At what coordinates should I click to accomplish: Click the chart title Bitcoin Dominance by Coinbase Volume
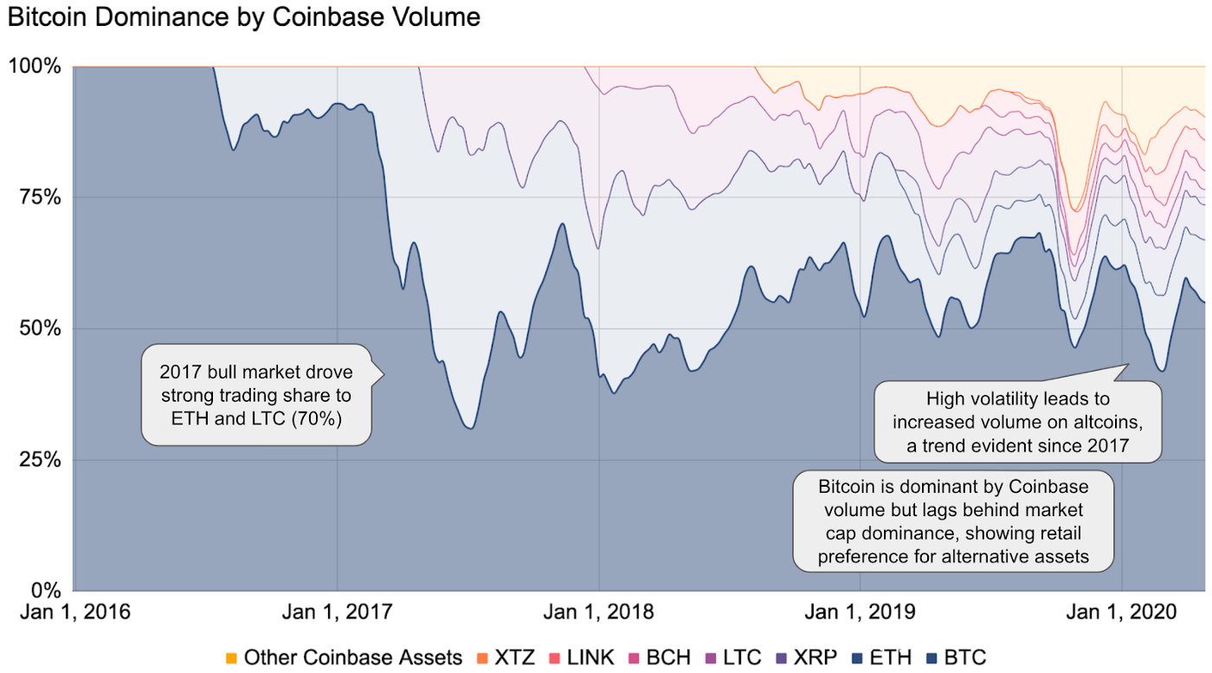pyautogui.click(x=243, y=17)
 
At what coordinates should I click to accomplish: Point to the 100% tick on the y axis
pyautogui.click(x=35, y=66)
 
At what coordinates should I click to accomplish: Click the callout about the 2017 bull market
pyautogui.click(x=256, y=394)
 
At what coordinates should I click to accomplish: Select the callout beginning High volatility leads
pyautogui.click(x=1017, y=421)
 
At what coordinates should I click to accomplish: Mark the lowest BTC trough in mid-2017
pyautogui.click(x=468, y=428)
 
